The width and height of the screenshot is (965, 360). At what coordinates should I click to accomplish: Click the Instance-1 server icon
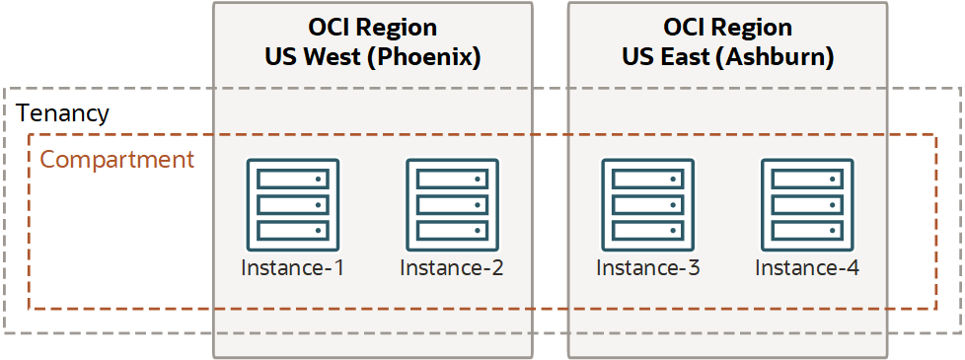[293, 204]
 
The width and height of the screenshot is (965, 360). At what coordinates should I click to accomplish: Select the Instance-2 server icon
[452, 204]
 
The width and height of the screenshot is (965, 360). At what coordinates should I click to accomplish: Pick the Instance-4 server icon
[806, 204]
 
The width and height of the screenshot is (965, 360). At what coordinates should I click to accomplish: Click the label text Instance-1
[293, 267]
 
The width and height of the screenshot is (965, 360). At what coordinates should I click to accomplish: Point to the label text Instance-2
[452, 267]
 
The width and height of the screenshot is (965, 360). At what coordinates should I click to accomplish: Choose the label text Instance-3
[648, 267]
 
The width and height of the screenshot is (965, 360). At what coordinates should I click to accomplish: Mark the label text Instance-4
[806, 267]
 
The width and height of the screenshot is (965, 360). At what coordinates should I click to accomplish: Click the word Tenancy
[62, 113]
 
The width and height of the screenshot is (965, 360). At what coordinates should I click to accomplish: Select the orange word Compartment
[116, 160]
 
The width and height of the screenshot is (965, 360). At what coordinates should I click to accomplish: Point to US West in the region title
[307, 57]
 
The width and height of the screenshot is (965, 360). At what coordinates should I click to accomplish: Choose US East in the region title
[660, 57]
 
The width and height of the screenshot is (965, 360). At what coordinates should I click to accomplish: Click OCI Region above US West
[372, 28]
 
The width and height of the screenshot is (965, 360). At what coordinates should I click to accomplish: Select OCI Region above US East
[727, 28]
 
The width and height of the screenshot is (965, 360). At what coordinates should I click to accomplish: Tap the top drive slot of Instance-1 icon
[293, 180]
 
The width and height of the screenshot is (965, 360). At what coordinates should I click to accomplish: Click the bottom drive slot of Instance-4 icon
[806, 230]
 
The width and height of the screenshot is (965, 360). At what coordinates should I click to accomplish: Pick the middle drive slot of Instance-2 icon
[452, 204]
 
